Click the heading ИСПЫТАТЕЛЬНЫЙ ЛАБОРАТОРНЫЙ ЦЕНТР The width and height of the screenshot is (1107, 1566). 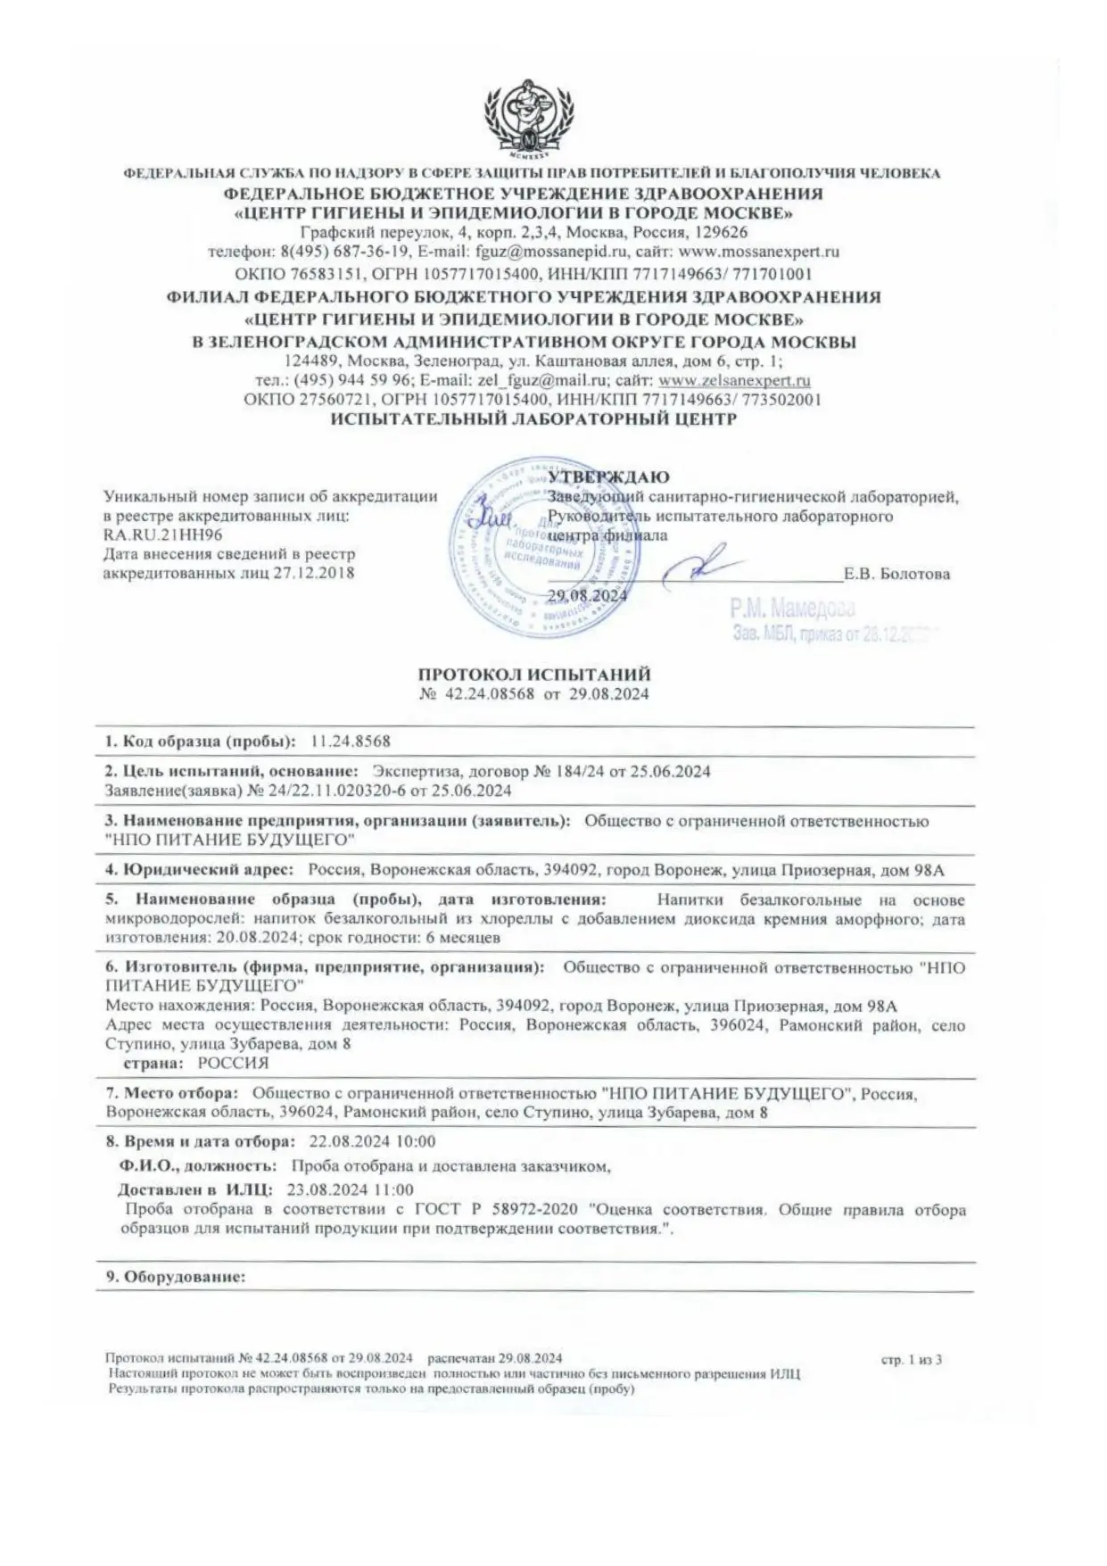pos(533,419)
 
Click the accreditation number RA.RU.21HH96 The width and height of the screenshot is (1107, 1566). pos(163,534)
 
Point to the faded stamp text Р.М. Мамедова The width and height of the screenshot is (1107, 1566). pos(792,609)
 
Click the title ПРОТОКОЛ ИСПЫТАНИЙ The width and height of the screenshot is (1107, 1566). pos(534,675)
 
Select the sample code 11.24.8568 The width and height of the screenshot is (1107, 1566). pos(351,742)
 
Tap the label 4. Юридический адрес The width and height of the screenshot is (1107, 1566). pos(199,870)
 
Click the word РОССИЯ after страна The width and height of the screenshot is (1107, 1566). pos(232,1063)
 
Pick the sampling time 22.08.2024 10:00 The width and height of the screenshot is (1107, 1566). pos(372,1141)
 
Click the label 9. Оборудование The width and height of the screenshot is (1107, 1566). pos(176,1277)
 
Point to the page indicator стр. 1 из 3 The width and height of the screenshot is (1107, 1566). pos(911,1360)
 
